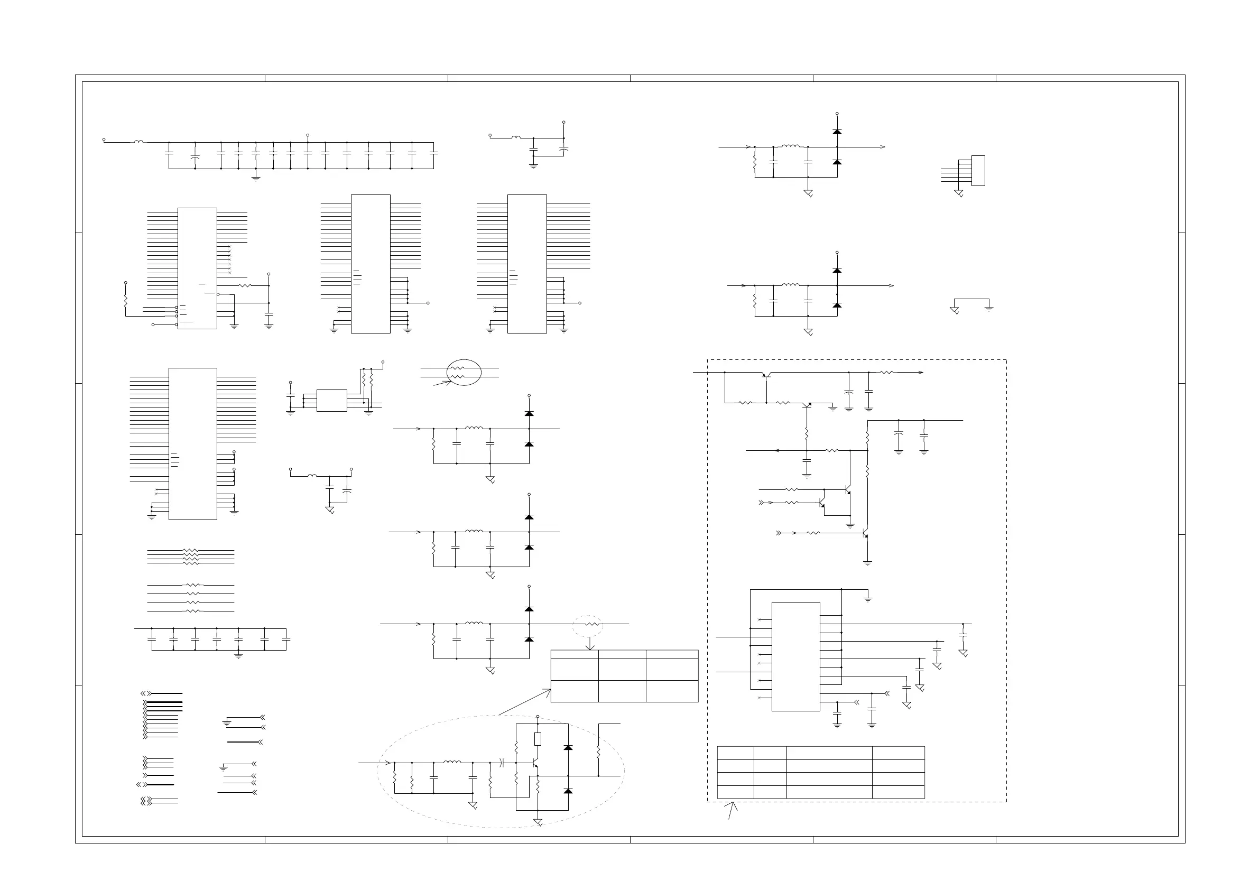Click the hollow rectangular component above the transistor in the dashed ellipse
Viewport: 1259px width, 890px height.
538,739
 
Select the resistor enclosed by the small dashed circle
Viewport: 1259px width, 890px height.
590,624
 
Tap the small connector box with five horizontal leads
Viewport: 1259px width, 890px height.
978,171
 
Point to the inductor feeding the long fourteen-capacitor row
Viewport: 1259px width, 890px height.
138,142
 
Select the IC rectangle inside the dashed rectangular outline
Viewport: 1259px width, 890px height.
795,656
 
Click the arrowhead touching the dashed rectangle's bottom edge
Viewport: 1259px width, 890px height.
733,804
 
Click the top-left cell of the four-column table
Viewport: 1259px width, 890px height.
735,753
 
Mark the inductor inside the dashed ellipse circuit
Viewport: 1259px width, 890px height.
452,762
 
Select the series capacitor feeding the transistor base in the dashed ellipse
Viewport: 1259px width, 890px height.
501,762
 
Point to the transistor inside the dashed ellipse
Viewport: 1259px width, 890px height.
535,763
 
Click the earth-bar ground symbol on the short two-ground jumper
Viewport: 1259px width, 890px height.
989,309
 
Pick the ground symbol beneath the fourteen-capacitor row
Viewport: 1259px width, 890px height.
255,178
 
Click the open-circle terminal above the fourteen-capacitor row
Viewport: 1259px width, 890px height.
308,135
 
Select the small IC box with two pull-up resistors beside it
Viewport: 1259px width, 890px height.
332,400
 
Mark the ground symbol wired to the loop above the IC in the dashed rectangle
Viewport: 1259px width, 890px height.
867,599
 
